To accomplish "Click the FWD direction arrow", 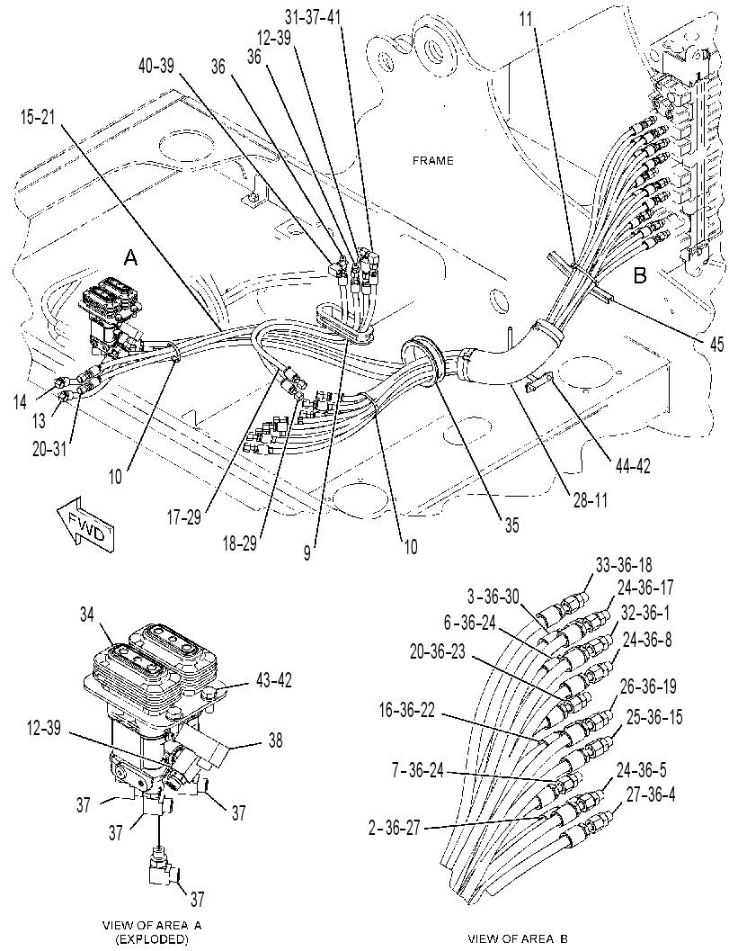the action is tap(84, 523).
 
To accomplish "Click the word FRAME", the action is tap(432, 161).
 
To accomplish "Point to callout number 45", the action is tap(716, 345).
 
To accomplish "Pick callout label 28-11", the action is tap(589, 499).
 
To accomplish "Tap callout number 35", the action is tap(512, 525).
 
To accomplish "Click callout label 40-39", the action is tap(155, 66).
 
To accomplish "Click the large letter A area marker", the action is tap(130, 259).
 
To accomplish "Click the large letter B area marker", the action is tap(640, 276).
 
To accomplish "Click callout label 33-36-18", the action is tap(624, 565).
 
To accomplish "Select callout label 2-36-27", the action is tap(395, 828).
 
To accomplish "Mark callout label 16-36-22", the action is tap(407, 711).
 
